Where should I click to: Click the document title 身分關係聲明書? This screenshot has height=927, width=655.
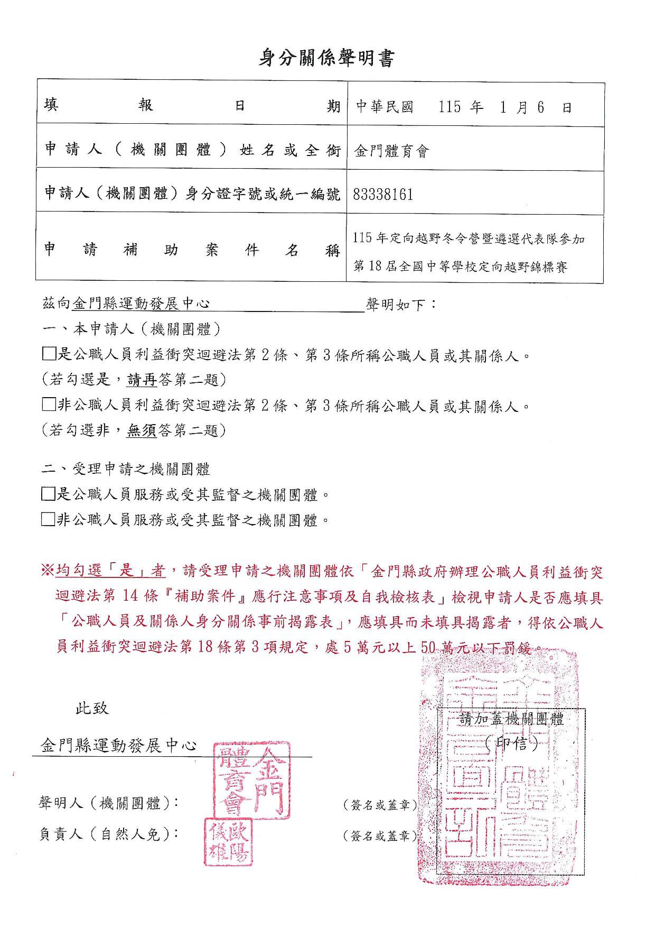click(326, 58)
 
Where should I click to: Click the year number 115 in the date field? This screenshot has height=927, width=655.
click(450, 107)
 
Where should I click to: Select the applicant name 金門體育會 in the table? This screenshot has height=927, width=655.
click(391, 152)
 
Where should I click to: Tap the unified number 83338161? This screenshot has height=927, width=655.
click(383, 195)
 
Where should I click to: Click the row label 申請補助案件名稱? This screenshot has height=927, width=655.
click(191, 250)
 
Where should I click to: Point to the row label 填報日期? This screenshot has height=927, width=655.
click(191, 106)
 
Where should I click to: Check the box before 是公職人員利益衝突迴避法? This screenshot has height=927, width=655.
click(49, 354)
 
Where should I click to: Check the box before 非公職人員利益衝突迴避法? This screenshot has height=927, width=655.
click(49, 405)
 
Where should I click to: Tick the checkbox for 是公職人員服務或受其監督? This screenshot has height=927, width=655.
click(48, 494)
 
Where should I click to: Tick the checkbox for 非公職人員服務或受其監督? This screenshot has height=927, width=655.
click(48, 520)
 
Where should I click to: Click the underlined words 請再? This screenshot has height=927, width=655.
click(142, 380)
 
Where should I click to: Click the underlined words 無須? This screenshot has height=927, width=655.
click(142, 431)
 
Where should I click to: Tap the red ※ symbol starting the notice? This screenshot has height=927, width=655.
click(48, 571)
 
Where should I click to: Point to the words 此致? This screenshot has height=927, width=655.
click(92, 708)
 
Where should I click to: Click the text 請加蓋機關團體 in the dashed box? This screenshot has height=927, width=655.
click(511, 719)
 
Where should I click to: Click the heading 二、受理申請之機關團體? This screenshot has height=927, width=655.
click(126, 469)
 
